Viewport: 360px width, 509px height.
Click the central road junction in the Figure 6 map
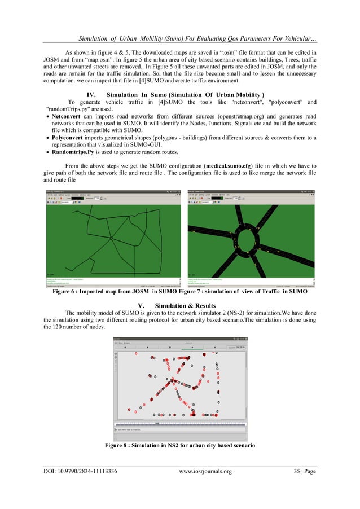click(x=111, y=239)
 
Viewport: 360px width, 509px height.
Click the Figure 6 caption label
click(x=68, y=292)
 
